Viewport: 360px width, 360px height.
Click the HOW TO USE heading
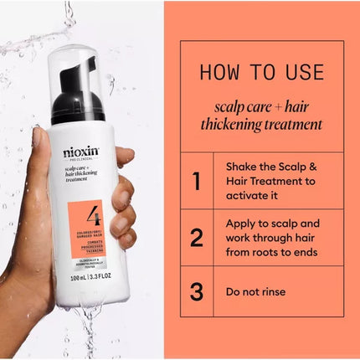260,72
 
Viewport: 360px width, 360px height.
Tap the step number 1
197,180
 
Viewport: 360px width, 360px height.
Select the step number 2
197,237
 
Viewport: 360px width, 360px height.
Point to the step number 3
197,292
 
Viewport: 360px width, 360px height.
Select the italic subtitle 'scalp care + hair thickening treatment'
260,115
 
